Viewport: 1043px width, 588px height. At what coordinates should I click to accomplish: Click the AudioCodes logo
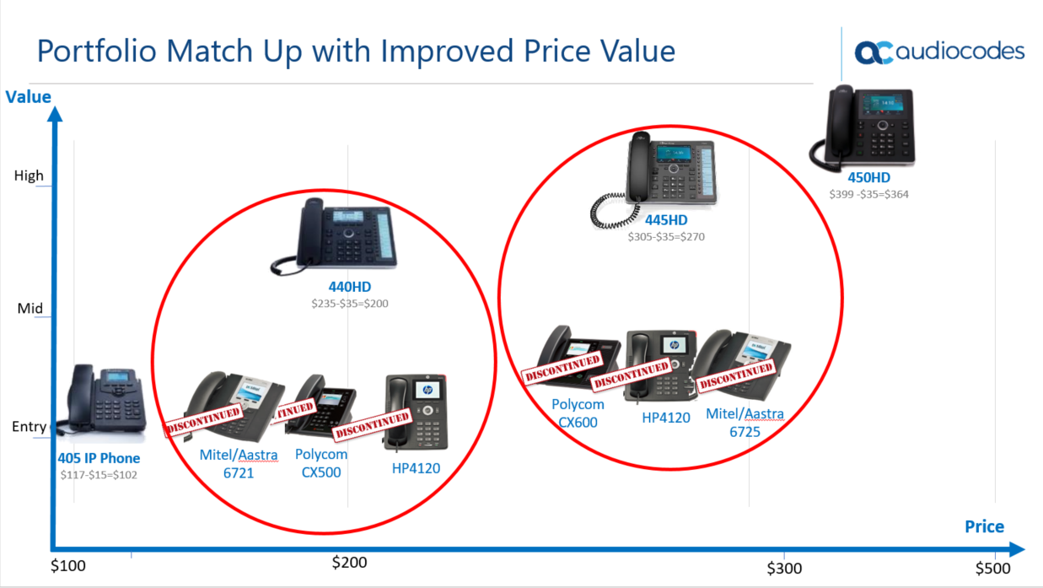(939, 51)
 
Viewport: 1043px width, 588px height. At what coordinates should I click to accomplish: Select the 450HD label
(868, 177)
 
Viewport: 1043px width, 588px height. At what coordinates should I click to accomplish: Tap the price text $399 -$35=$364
(868, 194)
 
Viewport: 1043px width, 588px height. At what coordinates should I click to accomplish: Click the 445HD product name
(666, 220)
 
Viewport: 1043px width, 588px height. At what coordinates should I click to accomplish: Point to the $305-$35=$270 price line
(666, 237)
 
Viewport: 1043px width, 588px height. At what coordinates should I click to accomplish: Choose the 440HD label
(350, 287)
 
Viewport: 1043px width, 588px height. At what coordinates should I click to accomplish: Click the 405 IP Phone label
(99, 458)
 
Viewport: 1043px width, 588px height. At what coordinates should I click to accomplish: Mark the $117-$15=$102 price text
(99, 475)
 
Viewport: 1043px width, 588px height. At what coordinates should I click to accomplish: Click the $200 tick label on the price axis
(349, 563)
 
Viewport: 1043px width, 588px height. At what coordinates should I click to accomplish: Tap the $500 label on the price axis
(992, 569)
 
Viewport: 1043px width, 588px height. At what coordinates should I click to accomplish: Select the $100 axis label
(68, 565)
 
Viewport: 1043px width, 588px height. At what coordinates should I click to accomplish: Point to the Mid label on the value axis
(30, 308)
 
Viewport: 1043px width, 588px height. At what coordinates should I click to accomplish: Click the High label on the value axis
(29, 175)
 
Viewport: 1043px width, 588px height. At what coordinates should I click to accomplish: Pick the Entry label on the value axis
(29, 426)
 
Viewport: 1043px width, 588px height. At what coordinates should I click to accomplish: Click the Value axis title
(28, 97)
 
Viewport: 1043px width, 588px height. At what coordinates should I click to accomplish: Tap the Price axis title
(984, 526)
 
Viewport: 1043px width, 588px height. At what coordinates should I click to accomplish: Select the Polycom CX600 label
(578, 413)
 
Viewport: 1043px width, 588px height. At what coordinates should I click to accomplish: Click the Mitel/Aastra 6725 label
(745, 423)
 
